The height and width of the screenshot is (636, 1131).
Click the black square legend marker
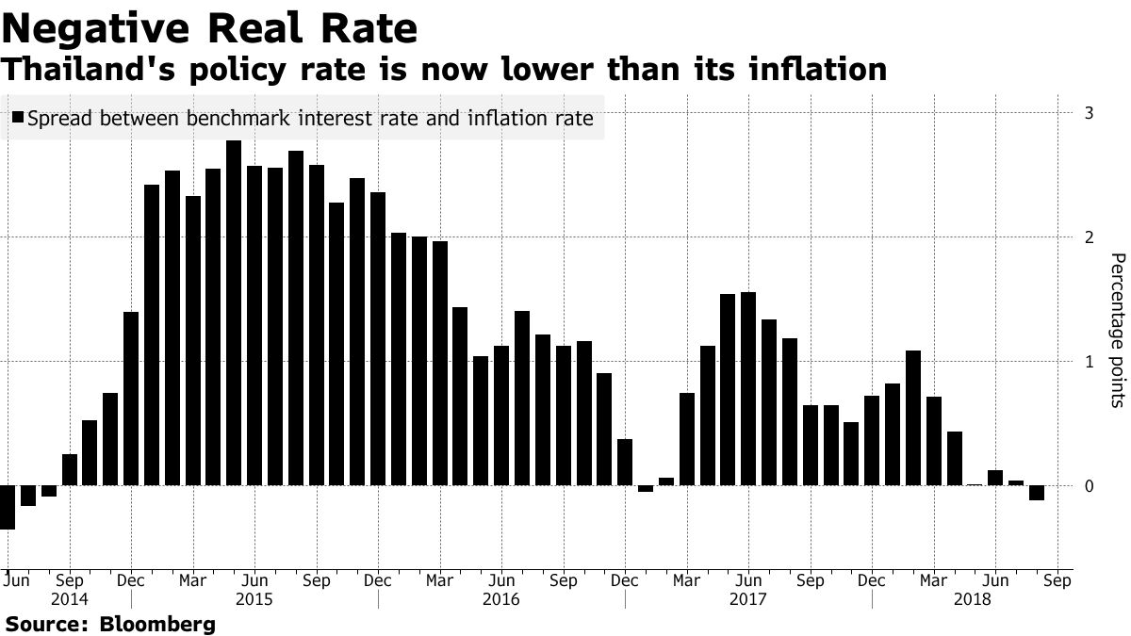pyautogui.click(x=19, y=119)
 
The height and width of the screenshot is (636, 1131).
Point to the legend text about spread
pyautogui.click(x=310, y=119)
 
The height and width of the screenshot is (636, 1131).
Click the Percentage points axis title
pyautogui.click(x=1117, y=330)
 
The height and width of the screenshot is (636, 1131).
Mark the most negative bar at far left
pyautogui.click(x=7, y=507)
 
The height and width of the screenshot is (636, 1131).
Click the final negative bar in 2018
pyautogui.click(x=1037, y=493)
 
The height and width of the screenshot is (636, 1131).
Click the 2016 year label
pyautogui.click(x=500, y=599)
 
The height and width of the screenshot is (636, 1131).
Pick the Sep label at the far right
pyautogui.click(x=1057, y=581)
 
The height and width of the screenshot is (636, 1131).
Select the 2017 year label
pyautogui.click(x=747, y=599)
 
